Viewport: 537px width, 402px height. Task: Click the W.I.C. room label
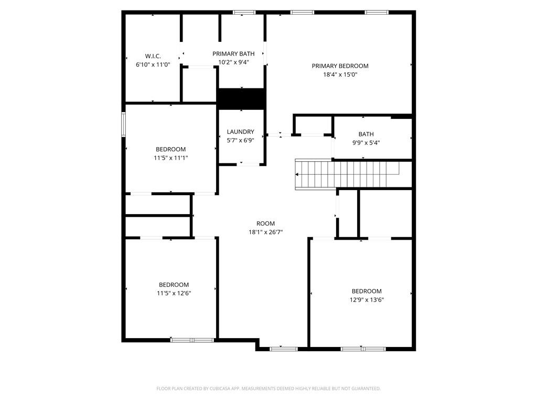[153, 56]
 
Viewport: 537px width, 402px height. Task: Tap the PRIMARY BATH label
[233, 53]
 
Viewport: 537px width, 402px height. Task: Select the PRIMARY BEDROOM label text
[340, 66]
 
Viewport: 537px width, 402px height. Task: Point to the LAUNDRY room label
[240, 132]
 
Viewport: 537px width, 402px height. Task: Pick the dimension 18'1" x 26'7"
[265, 232]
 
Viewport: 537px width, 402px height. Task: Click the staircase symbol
[346, 174]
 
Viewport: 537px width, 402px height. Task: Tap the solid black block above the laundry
[241, 98]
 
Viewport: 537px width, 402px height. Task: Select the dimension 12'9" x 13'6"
[367, 299]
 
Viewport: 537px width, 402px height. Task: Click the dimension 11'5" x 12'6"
[174, 293]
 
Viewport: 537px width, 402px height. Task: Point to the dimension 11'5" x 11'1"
[170, 158]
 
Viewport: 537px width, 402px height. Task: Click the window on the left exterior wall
[124, 125]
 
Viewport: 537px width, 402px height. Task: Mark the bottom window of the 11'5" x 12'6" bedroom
[192, 340]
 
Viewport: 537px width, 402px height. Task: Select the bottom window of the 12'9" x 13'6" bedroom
[362, 349]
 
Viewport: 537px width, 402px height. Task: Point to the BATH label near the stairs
[366, 134]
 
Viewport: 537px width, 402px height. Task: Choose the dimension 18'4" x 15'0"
[340, 74]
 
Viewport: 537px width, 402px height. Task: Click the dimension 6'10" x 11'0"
[153, 64]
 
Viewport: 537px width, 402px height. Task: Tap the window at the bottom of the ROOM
[283, 349]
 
